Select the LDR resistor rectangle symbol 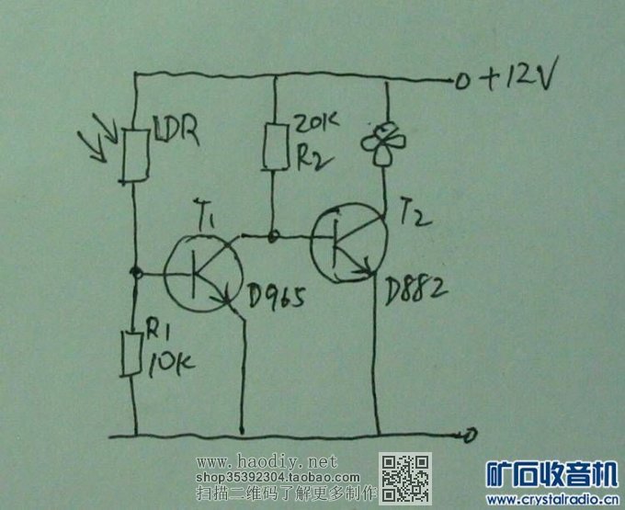134,156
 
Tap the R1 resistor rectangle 134,355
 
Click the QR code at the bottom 405,476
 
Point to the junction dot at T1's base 136,273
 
